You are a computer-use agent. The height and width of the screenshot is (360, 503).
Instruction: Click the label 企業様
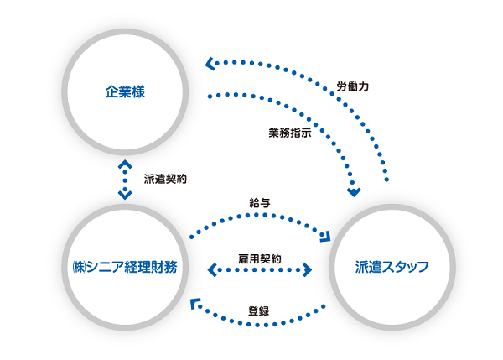(126, 91)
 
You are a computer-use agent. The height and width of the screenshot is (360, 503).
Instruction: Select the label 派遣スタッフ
(392, 268)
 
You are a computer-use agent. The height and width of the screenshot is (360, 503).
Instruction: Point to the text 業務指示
(290, 133)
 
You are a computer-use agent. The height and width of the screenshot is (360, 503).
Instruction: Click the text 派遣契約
(165, 179)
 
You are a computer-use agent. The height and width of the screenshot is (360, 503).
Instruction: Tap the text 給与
(260, 203)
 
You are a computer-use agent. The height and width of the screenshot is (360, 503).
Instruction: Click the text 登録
(258, 310)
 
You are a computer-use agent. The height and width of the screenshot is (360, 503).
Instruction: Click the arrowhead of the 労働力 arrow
(210, 62)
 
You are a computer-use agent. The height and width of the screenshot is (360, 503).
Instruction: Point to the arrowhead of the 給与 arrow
(326, 233)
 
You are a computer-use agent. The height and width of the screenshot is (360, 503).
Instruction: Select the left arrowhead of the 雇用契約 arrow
(210, 270)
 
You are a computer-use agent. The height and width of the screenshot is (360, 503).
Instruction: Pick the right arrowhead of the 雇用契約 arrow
(308, 270)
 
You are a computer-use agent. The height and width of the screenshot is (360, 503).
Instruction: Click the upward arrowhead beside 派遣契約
(126, 164)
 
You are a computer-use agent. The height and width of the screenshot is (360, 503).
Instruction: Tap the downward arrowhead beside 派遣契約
(126, 195)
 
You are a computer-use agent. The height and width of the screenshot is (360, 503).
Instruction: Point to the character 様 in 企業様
(139, 91)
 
